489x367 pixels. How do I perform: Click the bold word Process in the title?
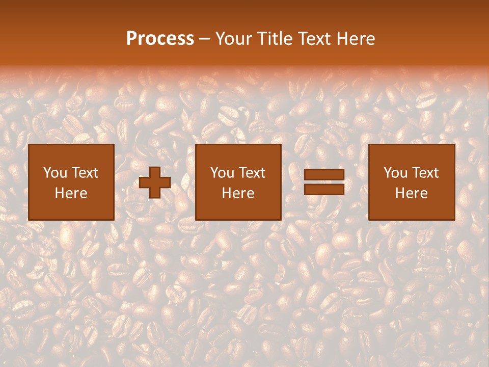(160, 39)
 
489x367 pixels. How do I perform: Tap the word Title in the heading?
(275, 39)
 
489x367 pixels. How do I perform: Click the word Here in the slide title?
(358, 39)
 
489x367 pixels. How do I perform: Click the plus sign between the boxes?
(155, 182)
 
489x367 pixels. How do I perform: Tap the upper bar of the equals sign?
(324, 175)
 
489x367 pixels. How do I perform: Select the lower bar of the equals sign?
(324, 189)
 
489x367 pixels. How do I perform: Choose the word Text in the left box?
(85, 173)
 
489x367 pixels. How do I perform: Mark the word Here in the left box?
(71, 193)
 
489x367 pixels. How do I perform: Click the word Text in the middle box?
(252, 173)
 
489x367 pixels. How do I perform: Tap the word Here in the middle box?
(238, 193)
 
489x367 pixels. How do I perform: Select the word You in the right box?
(396, 173)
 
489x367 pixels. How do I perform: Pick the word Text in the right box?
(425, 173)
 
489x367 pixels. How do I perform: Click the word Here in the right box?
(411, 193)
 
